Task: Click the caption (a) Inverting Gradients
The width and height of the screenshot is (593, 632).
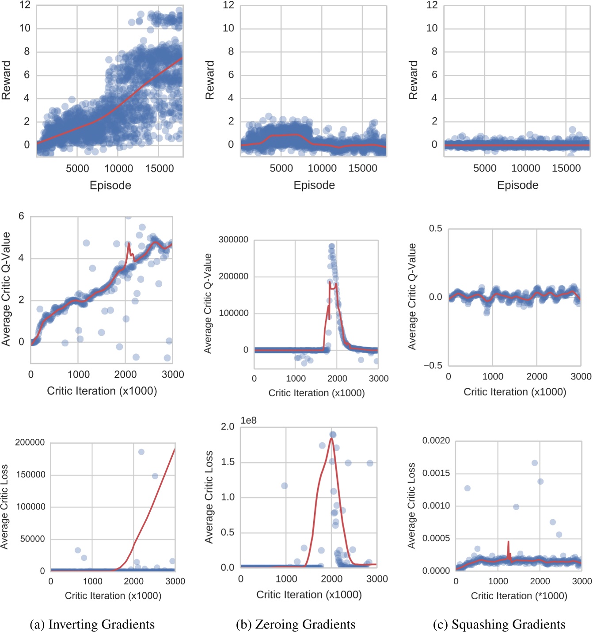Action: click(x=92, y=624)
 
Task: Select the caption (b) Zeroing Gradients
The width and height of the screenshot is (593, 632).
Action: click(x=296, y=624)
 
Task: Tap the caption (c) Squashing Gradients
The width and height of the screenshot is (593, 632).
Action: click(x=499, y=624)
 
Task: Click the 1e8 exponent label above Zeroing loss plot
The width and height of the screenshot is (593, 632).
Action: click(x=248, y=421)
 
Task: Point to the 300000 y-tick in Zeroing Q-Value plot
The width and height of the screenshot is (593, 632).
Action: click(x=233, y=240)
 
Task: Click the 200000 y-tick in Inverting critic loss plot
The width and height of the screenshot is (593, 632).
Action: click(x=30, y=442)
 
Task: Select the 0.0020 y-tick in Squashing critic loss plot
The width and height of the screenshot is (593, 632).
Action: click(x=436, y=440)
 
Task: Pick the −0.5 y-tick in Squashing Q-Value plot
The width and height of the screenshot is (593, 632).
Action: click(x=433, y=365)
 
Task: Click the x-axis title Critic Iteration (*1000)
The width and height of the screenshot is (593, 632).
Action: click(x=519, y=596)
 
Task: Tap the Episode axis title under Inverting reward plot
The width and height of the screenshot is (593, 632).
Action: click(x=110, y=185)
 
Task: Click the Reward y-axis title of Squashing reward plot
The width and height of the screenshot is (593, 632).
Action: click(x=413, y=80)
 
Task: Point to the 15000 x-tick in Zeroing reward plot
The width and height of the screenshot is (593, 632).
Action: click(x=362, y=169)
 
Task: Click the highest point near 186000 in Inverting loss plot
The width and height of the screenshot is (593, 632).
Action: click(x=141, y=452)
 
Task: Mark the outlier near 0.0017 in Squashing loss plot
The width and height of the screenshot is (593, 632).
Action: click(x=535, y=463)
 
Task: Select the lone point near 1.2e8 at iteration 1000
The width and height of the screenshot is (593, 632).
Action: click(x=285, y=486)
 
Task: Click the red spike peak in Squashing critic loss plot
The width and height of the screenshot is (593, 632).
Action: click(x=508, y=542)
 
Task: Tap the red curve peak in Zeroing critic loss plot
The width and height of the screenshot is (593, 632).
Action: click(x=331, y=438)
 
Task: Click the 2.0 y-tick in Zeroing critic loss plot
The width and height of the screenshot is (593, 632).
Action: click(x=228, y=426)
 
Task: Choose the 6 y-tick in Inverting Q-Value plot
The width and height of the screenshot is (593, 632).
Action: click(x=21, y=216)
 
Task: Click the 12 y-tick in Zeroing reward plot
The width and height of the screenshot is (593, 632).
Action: click(x=228, y=5)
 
